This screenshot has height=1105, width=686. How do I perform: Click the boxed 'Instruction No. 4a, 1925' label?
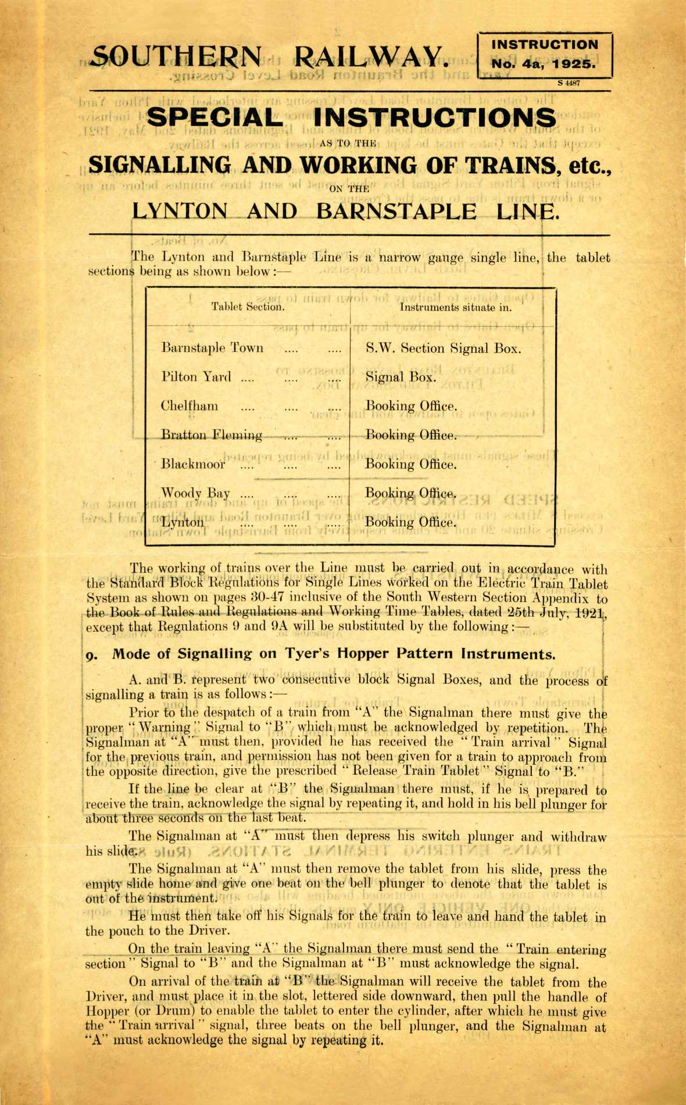544,55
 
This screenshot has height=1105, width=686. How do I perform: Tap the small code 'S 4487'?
569,83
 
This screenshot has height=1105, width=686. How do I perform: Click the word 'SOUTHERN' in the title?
177,56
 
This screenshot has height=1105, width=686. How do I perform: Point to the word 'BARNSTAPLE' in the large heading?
395,211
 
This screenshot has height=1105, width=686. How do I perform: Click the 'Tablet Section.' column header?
248,307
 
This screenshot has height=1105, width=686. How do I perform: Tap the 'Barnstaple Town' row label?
212,348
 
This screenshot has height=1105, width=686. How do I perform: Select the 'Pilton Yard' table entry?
196,377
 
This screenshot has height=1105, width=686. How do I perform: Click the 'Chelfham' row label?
189,406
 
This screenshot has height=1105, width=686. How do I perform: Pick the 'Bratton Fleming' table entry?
212,435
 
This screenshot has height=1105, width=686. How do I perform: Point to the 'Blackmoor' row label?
193,464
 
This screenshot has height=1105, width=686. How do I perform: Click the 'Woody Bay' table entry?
195,494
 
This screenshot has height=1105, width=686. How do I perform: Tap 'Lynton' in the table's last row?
183,522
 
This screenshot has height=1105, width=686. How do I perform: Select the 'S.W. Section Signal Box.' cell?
443,348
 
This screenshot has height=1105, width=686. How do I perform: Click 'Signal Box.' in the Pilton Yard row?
401,377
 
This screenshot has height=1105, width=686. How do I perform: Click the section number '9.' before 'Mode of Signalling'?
92,655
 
